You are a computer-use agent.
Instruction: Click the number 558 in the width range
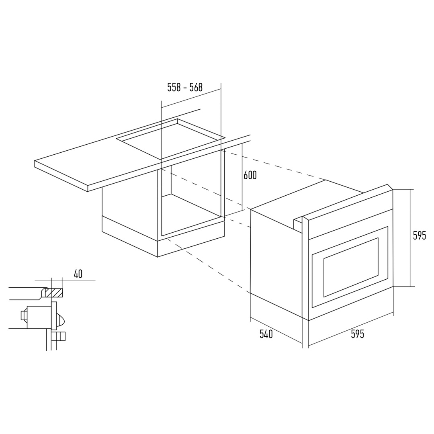pos(174,88)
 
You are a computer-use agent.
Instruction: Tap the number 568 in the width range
pos(196,88)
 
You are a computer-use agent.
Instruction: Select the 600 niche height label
pos(250,175)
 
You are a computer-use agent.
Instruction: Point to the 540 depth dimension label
pos(266,334)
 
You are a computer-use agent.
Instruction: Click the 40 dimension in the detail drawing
pos(78,274)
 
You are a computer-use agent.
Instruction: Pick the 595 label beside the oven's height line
pos(419,235)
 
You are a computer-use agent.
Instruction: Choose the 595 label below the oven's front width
pos(357,334)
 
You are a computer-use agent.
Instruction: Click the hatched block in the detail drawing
pos(55,293)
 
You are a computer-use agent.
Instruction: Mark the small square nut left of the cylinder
pos(24,315)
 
